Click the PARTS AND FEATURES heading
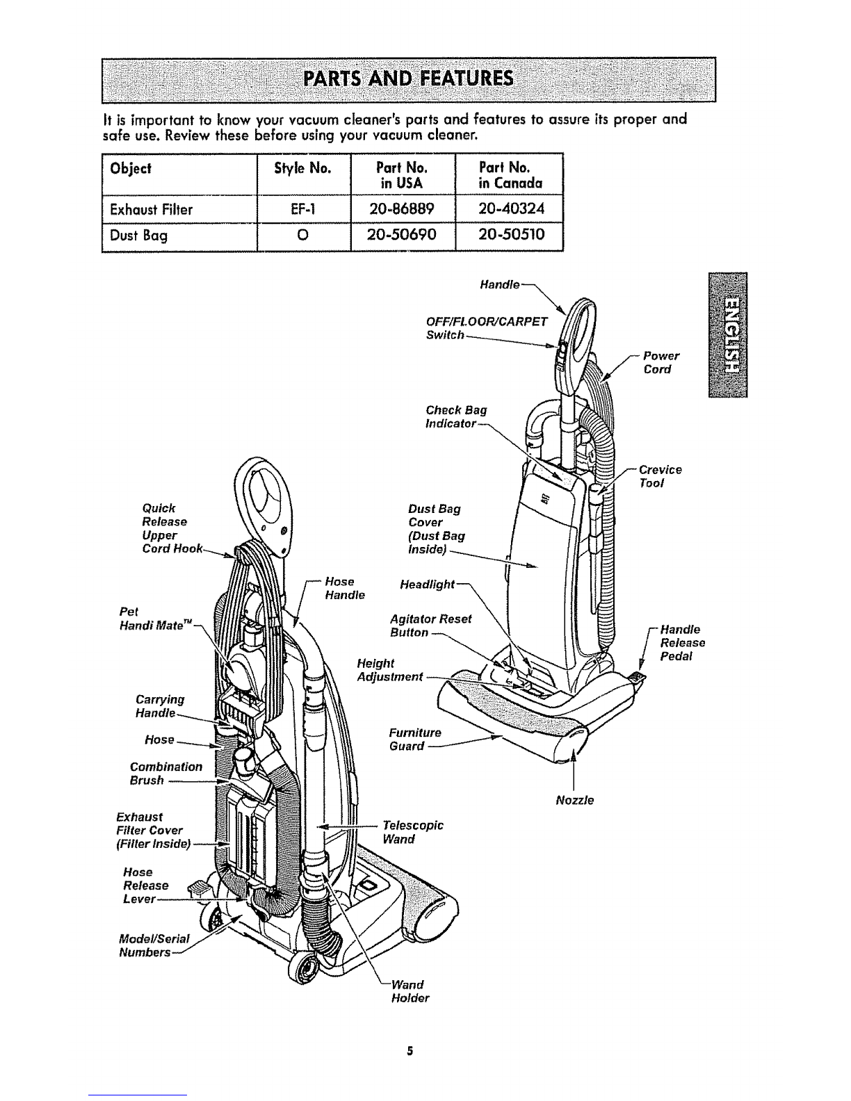click(409, 79)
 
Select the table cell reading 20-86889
click(403, 209)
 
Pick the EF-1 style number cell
click(303, 209)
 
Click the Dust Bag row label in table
click(138, 236)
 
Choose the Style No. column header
click(302, 168)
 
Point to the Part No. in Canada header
click(510, 175)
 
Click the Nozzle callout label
click(575, 800)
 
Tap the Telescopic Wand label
click(412, 832)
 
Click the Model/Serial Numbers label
click(154, 945)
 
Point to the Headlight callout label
click(428, 584)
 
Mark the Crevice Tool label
click(660, 476)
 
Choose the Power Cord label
click(661, 362)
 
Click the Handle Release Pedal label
click(682, 643)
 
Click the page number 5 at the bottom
click(410, 1051)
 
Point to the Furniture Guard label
click(415, 740)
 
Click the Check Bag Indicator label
click(455, 416)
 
